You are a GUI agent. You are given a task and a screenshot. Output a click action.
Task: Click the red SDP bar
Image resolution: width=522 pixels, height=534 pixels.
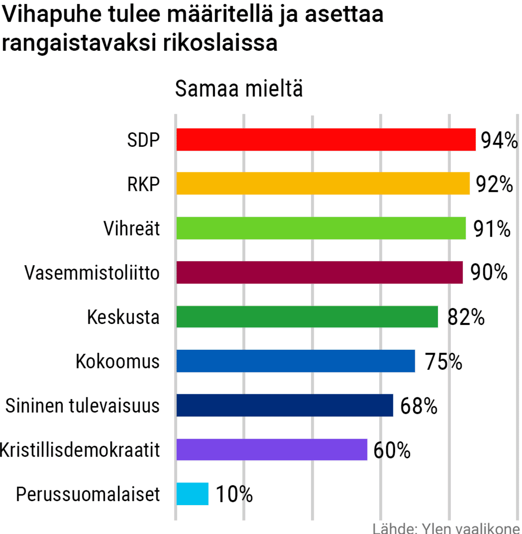tap(326, 140)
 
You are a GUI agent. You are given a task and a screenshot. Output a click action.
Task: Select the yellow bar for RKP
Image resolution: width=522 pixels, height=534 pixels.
tap(323, 184)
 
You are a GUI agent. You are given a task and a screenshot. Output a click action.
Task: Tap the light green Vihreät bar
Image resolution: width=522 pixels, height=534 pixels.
tap(321, 228)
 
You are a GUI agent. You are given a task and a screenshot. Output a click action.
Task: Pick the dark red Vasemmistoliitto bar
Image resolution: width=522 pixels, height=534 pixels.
tap(319, 272)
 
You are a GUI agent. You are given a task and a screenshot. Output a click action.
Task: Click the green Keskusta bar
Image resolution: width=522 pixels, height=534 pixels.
tap(307, 317)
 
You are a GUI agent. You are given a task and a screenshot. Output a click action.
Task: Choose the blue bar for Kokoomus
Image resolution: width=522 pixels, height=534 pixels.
tap(295, 361)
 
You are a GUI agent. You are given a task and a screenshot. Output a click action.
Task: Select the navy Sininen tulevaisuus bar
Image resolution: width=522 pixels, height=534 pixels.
tap(285, 405)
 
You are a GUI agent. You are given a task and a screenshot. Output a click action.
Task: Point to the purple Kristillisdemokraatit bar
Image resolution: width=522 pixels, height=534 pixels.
tap(271, 449)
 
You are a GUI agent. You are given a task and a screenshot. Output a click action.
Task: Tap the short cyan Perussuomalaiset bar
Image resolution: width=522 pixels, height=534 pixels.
tap(192, 494)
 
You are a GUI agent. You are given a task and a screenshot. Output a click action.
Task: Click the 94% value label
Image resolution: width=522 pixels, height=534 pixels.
tap(499, 141)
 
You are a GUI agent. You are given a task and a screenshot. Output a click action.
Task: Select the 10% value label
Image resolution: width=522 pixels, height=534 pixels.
tap(234, 494)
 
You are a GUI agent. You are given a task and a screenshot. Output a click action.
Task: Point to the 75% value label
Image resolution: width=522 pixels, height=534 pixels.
tap(443, 361)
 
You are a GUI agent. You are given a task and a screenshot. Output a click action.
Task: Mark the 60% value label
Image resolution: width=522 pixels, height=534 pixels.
tap(392, 450)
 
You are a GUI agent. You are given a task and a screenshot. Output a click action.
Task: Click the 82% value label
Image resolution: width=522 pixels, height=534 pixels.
tap(465, 317)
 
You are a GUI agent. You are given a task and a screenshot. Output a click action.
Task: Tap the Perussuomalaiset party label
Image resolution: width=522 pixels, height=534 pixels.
tap(88, 494)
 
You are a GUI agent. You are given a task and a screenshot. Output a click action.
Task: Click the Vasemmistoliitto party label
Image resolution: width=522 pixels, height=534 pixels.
tap(92, 273)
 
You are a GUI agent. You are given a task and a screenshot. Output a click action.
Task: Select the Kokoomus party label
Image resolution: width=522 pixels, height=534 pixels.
tap(117, 361)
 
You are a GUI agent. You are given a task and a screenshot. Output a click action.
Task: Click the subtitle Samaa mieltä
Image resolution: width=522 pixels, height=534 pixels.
tap(239, 89)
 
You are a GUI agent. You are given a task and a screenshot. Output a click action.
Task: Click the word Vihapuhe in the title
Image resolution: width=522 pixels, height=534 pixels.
tap(52, 14)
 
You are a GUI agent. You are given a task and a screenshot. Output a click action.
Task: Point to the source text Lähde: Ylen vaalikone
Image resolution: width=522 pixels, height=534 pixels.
tap(446, 528)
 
